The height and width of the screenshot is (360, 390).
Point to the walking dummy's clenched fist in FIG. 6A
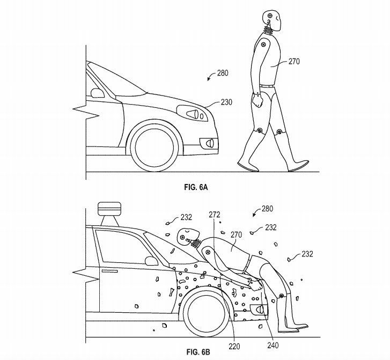[257, 100]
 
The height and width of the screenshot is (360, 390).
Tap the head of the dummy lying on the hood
[186, 237]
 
